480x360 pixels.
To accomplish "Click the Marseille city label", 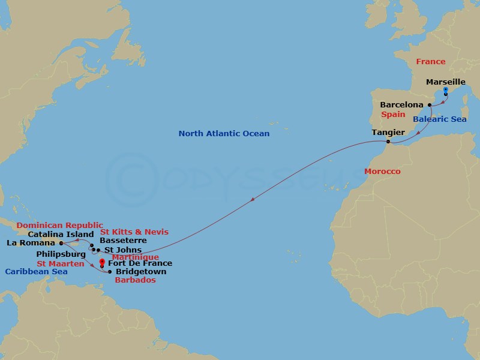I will click(445, 82).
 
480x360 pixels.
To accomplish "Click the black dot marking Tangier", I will click(389, 142).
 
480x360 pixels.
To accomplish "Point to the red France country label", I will click(431, 61).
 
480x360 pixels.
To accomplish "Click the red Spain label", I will click(393, 114).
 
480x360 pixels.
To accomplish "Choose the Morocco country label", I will click(382, 172).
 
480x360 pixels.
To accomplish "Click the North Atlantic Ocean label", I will click(224, 133).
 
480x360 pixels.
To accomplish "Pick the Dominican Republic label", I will click(59, 225).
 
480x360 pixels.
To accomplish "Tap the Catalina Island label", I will click(61, 234).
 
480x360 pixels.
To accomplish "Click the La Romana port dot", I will click(62, 243).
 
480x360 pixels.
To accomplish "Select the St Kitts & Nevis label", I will click(134, 232).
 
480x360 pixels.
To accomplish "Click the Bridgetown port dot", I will click(109, 272).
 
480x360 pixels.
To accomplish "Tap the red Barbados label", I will click(136, 280).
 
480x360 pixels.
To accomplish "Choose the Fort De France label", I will click(139, 263).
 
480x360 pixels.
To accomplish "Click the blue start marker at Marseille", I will click(446, 90).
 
